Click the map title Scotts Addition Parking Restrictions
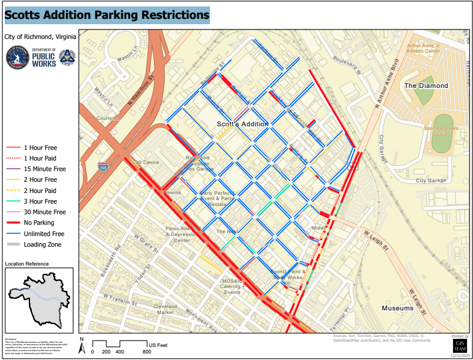point(107,14)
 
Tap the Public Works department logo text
point(44,58)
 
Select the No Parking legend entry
point(39,222)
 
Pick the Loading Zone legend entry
point(42,244)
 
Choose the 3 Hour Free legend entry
point(40,201)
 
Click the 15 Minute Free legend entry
point(44,169)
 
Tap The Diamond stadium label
point(426,86)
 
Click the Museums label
point(398,309)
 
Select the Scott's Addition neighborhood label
point(242,124)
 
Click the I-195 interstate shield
point(104,168)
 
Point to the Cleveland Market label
point(166,309)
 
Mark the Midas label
point(318,228)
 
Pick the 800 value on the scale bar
point(147,352)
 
